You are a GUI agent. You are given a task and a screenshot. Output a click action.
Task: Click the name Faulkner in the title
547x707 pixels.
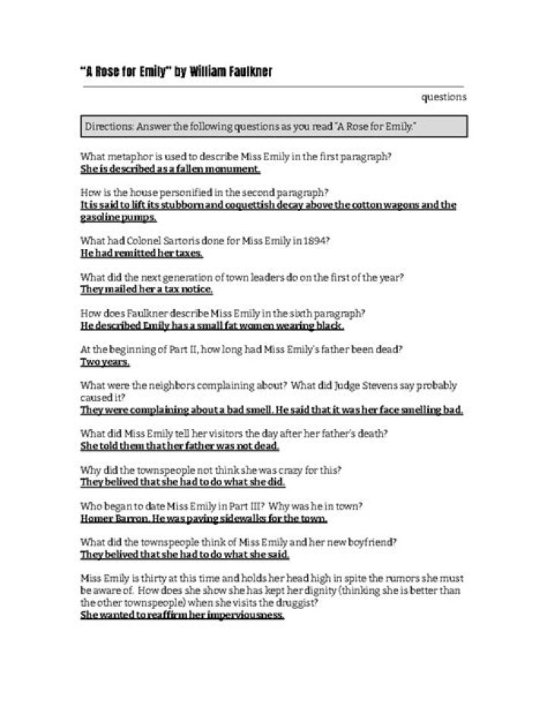click(245, 73)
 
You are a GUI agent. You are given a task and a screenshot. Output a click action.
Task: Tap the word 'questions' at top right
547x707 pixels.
click(444, 97)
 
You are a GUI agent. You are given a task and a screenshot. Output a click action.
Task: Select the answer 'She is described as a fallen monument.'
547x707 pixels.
click(170, 169)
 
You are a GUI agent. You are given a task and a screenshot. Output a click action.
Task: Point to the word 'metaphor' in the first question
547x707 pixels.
click(130, 156)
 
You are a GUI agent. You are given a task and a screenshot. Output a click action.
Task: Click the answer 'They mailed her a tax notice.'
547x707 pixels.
click(147, 289)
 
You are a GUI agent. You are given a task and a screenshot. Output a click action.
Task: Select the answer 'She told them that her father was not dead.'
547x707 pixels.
click(180, 446)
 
